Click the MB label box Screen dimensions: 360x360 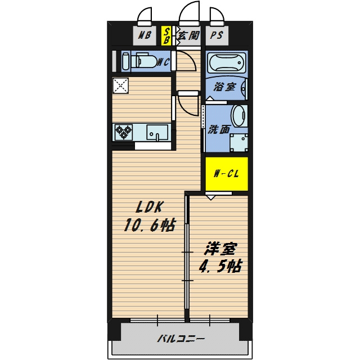click(x=145, y=35)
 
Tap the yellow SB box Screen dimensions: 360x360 click(x=166, y=35)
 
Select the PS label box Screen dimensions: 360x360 click(x=217, y=35)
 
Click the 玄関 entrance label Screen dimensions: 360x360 click(x=188, y=35)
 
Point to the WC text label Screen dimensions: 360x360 click(x=164, y=62)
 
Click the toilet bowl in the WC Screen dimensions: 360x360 click(x=144, y=61)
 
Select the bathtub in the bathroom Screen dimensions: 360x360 click(x=226, y=62)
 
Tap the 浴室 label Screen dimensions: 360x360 click(x=224, y=87)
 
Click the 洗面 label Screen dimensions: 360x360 click(x=219, y=129)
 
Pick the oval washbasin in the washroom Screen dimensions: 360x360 click(x=239, y=116)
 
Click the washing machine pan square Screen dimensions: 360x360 click(x=238, y=143)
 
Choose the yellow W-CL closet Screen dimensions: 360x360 click(x=227, y=174)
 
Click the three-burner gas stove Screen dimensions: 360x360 click(x=124, y=132)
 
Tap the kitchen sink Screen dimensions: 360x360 click(x=157, y=132)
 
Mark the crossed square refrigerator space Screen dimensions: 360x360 click(x=120, y=85)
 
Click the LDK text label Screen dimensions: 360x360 click(x=150, y=207)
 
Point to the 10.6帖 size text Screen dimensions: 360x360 click(x=150, y=224)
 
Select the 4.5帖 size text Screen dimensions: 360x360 click(x=220, y=266)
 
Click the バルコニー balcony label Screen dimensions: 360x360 click(x=181, y=339)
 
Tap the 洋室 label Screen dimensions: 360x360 click(x=220, y=249)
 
